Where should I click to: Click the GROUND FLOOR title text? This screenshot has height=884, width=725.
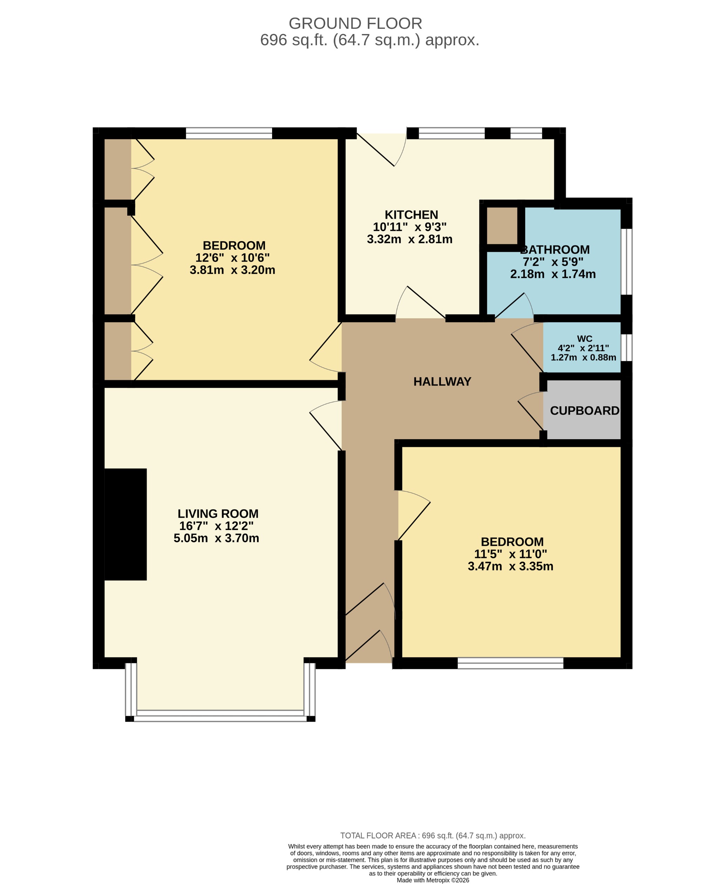pyautogui.click(x=355, y=24)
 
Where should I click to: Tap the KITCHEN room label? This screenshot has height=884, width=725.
pyautogui.click(x=411, y=215)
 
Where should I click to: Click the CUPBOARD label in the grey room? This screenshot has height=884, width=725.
pyautogui.click(x=584, y=411)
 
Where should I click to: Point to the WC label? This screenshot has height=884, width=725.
pyautogui.click(x=584, y=339)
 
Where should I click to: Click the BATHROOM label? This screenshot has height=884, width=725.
pyautogui.click(x=555, y=250)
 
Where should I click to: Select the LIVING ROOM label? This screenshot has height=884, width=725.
pyautogui.click(x=218, y=514)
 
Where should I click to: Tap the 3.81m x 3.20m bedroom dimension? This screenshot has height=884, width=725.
pyautogui.click(x=232, y=270)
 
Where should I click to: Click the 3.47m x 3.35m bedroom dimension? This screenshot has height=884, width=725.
pyautogui.click(x=510, y=567)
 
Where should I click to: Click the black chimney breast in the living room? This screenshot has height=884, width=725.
pyautogui.click(x=125, y=524)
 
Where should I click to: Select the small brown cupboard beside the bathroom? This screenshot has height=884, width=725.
pyautogui.click(x=502, y=226)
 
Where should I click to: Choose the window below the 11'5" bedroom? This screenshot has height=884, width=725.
pyautogui.click(x=510, y=663)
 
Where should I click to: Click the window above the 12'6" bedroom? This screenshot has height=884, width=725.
pyautogui.click(x=229, y=133)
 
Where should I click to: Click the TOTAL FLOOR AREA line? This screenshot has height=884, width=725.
pyautogui.click(x=433, y=835)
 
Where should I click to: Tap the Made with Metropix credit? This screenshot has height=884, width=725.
pyautogui.click(x=433, y=880)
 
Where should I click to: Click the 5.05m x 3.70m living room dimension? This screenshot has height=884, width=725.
pyautogui.click(x=216, y=538)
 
